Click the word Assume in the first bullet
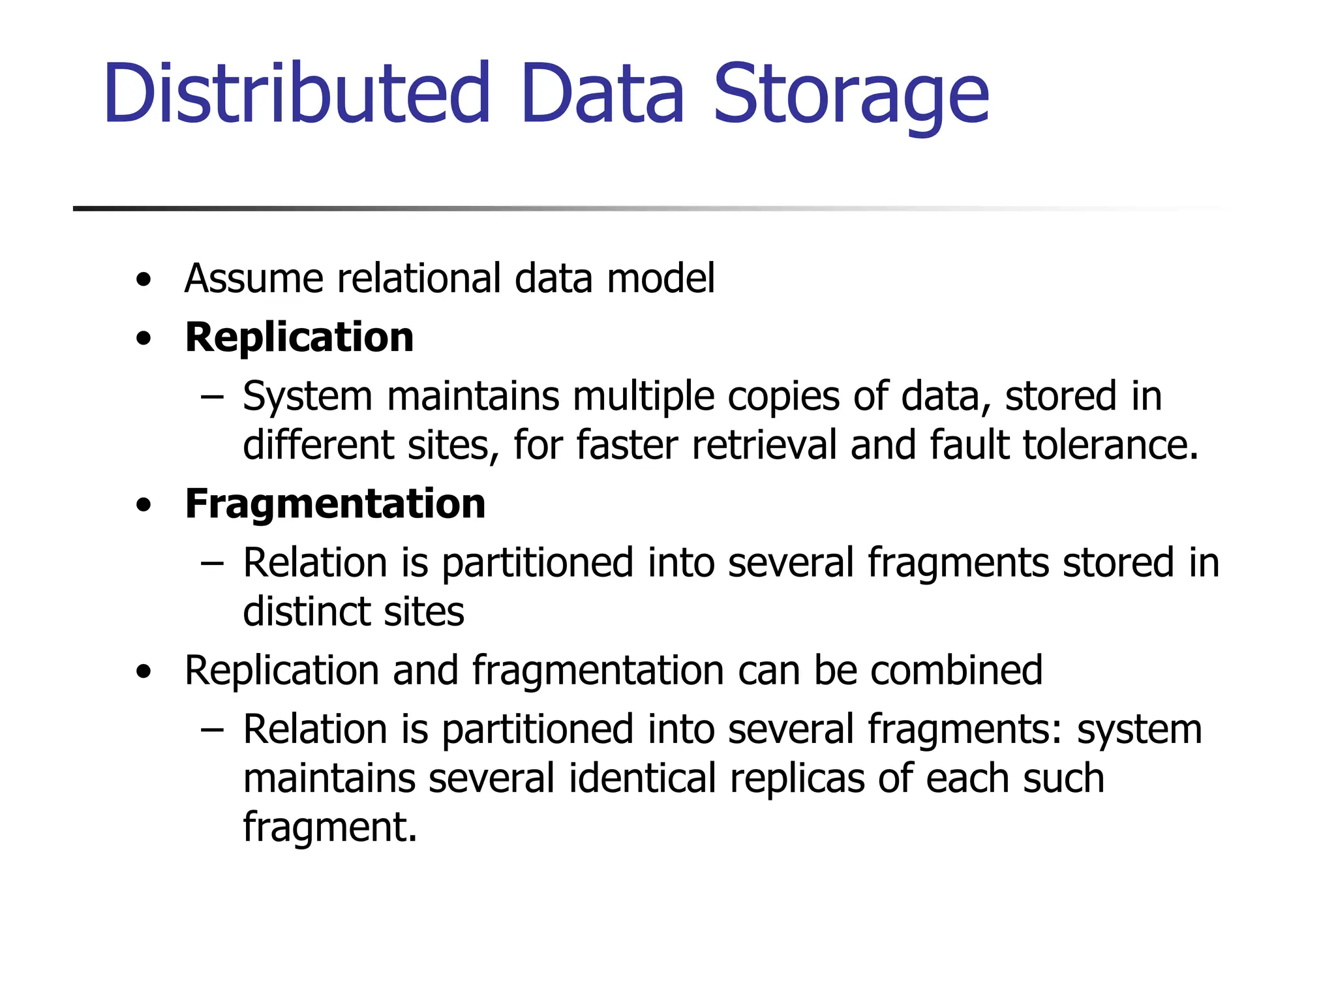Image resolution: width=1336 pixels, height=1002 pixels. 254,279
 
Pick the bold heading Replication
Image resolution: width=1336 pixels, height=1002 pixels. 299,337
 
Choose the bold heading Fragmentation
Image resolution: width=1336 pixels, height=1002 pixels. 335,504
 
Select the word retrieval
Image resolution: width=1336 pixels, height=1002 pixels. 764,445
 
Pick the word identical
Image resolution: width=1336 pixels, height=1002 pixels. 643,778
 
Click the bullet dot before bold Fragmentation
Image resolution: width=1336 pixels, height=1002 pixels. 144,506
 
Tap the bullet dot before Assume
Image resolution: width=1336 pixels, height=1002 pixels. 144,281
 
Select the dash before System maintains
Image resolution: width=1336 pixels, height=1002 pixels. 212,397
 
